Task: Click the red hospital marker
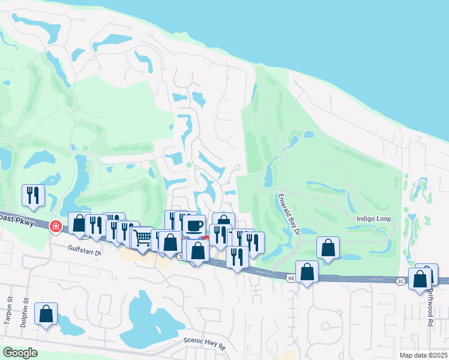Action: click(x=56, y=227)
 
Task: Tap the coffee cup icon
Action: click(x=194, y=225)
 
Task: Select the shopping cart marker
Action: click(x=142, y=237)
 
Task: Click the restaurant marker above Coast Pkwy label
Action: click(x=33, y=194)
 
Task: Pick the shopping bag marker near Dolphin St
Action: click(x=46, y=313)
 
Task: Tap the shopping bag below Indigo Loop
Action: click(x=328, y=247)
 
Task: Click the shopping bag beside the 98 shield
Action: click(x=307, y=271)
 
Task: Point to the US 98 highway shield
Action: click(x=291, y=278)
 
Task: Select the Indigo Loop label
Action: click(x=373, y=219)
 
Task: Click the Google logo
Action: click(x=20, y=353)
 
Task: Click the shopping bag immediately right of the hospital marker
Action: click(x=79, y=223)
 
